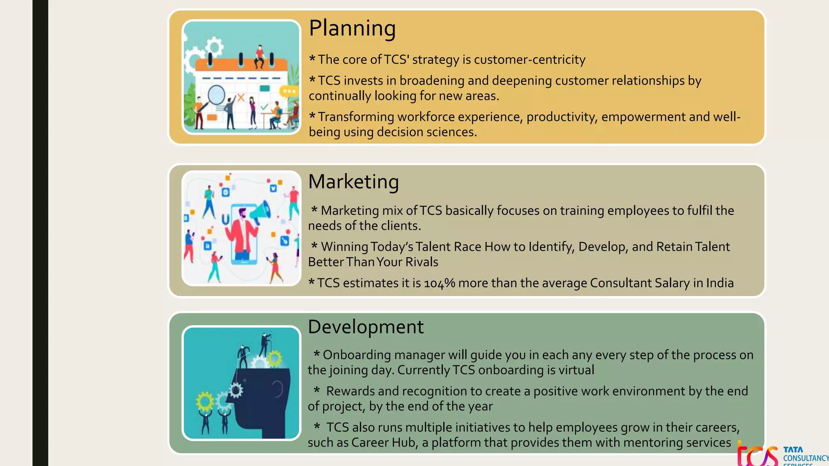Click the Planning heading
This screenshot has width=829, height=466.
(x=352, y=29)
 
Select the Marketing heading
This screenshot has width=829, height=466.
(x=353, y=182)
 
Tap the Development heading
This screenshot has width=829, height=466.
(x=366, y=327)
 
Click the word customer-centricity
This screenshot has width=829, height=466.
(x=529, y=60)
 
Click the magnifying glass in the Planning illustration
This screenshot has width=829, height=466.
(x=216, y=95)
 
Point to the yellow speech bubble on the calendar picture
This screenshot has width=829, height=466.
(x=289, y=91)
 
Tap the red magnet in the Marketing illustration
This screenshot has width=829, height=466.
(x=225, y=220)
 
